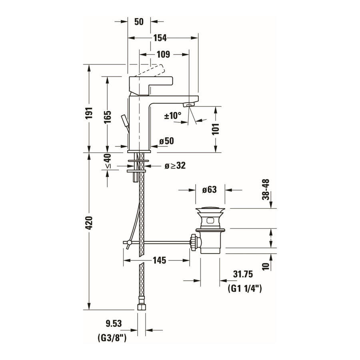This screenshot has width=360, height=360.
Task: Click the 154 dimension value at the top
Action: point(160,38)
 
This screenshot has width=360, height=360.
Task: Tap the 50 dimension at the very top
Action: point(139,22)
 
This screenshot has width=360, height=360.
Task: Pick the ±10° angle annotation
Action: point(173,116)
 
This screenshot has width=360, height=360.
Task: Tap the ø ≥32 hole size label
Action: point(175,166)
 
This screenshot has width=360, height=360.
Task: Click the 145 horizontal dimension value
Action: point(159,260)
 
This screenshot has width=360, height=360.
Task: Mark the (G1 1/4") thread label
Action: point(244,288)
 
